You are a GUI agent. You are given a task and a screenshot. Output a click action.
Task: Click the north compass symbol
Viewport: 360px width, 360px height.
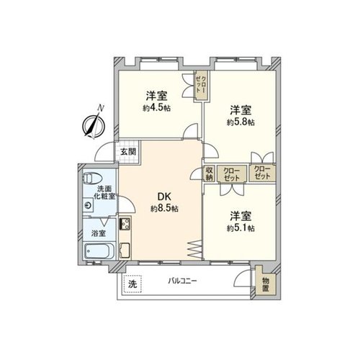tap(94, 125)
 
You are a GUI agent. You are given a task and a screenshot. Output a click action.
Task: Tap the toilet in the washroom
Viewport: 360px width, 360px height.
tap(93, 178)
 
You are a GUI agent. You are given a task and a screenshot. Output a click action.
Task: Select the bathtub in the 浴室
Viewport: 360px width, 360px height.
tap(99, 251)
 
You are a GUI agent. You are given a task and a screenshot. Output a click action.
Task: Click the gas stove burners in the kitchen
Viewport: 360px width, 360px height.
tap(125, 224)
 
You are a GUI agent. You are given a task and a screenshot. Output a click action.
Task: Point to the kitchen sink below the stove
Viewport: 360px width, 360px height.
tap(125, 251)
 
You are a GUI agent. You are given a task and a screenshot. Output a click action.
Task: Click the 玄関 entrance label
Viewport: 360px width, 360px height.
tap(128, 152)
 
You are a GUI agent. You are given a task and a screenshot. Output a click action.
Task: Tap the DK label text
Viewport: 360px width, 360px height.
tap(164, 197)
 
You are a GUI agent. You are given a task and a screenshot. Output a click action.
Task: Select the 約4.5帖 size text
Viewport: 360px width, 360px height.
tap(157, 108)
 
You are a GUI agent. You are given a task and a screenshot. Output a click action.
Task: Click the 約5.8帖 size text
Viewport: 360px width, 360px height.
tap(240, 122)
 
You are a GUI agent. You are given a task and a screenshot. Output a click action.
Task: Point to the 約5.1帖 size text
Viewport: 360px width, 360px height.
tap(240, 228)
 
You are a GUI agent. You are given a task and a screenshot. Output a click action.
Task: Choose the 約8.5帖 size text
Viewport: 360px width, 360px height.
tap(164, 209)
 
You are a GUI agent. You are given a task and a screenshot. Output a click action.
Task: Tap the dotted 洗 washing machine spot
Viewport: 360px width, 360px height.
tap(132, 284)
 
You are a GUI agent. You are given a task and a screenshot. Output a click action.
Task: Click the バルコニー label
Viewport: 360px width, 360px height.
tap(182, 281)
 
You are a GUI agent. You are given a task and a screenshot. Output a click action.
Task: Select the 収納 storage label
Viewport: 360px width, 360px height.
tap(210, 174)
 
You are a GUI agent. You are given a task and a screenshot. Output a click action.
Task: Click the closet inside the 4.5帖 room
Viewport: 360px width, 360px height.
tap(201, 85)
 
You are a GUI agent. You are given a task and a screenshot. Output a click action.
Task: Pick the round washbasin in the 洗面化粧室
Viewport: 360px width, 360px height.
tap(89, 205)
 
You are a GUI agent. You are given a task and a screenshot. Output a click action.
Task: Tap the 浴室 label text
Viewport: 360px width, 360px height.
tap(99, 233)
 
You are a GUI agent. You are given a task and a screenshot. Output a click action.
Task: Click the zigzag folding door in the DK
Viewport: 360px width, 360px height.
tap(194, 250)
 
